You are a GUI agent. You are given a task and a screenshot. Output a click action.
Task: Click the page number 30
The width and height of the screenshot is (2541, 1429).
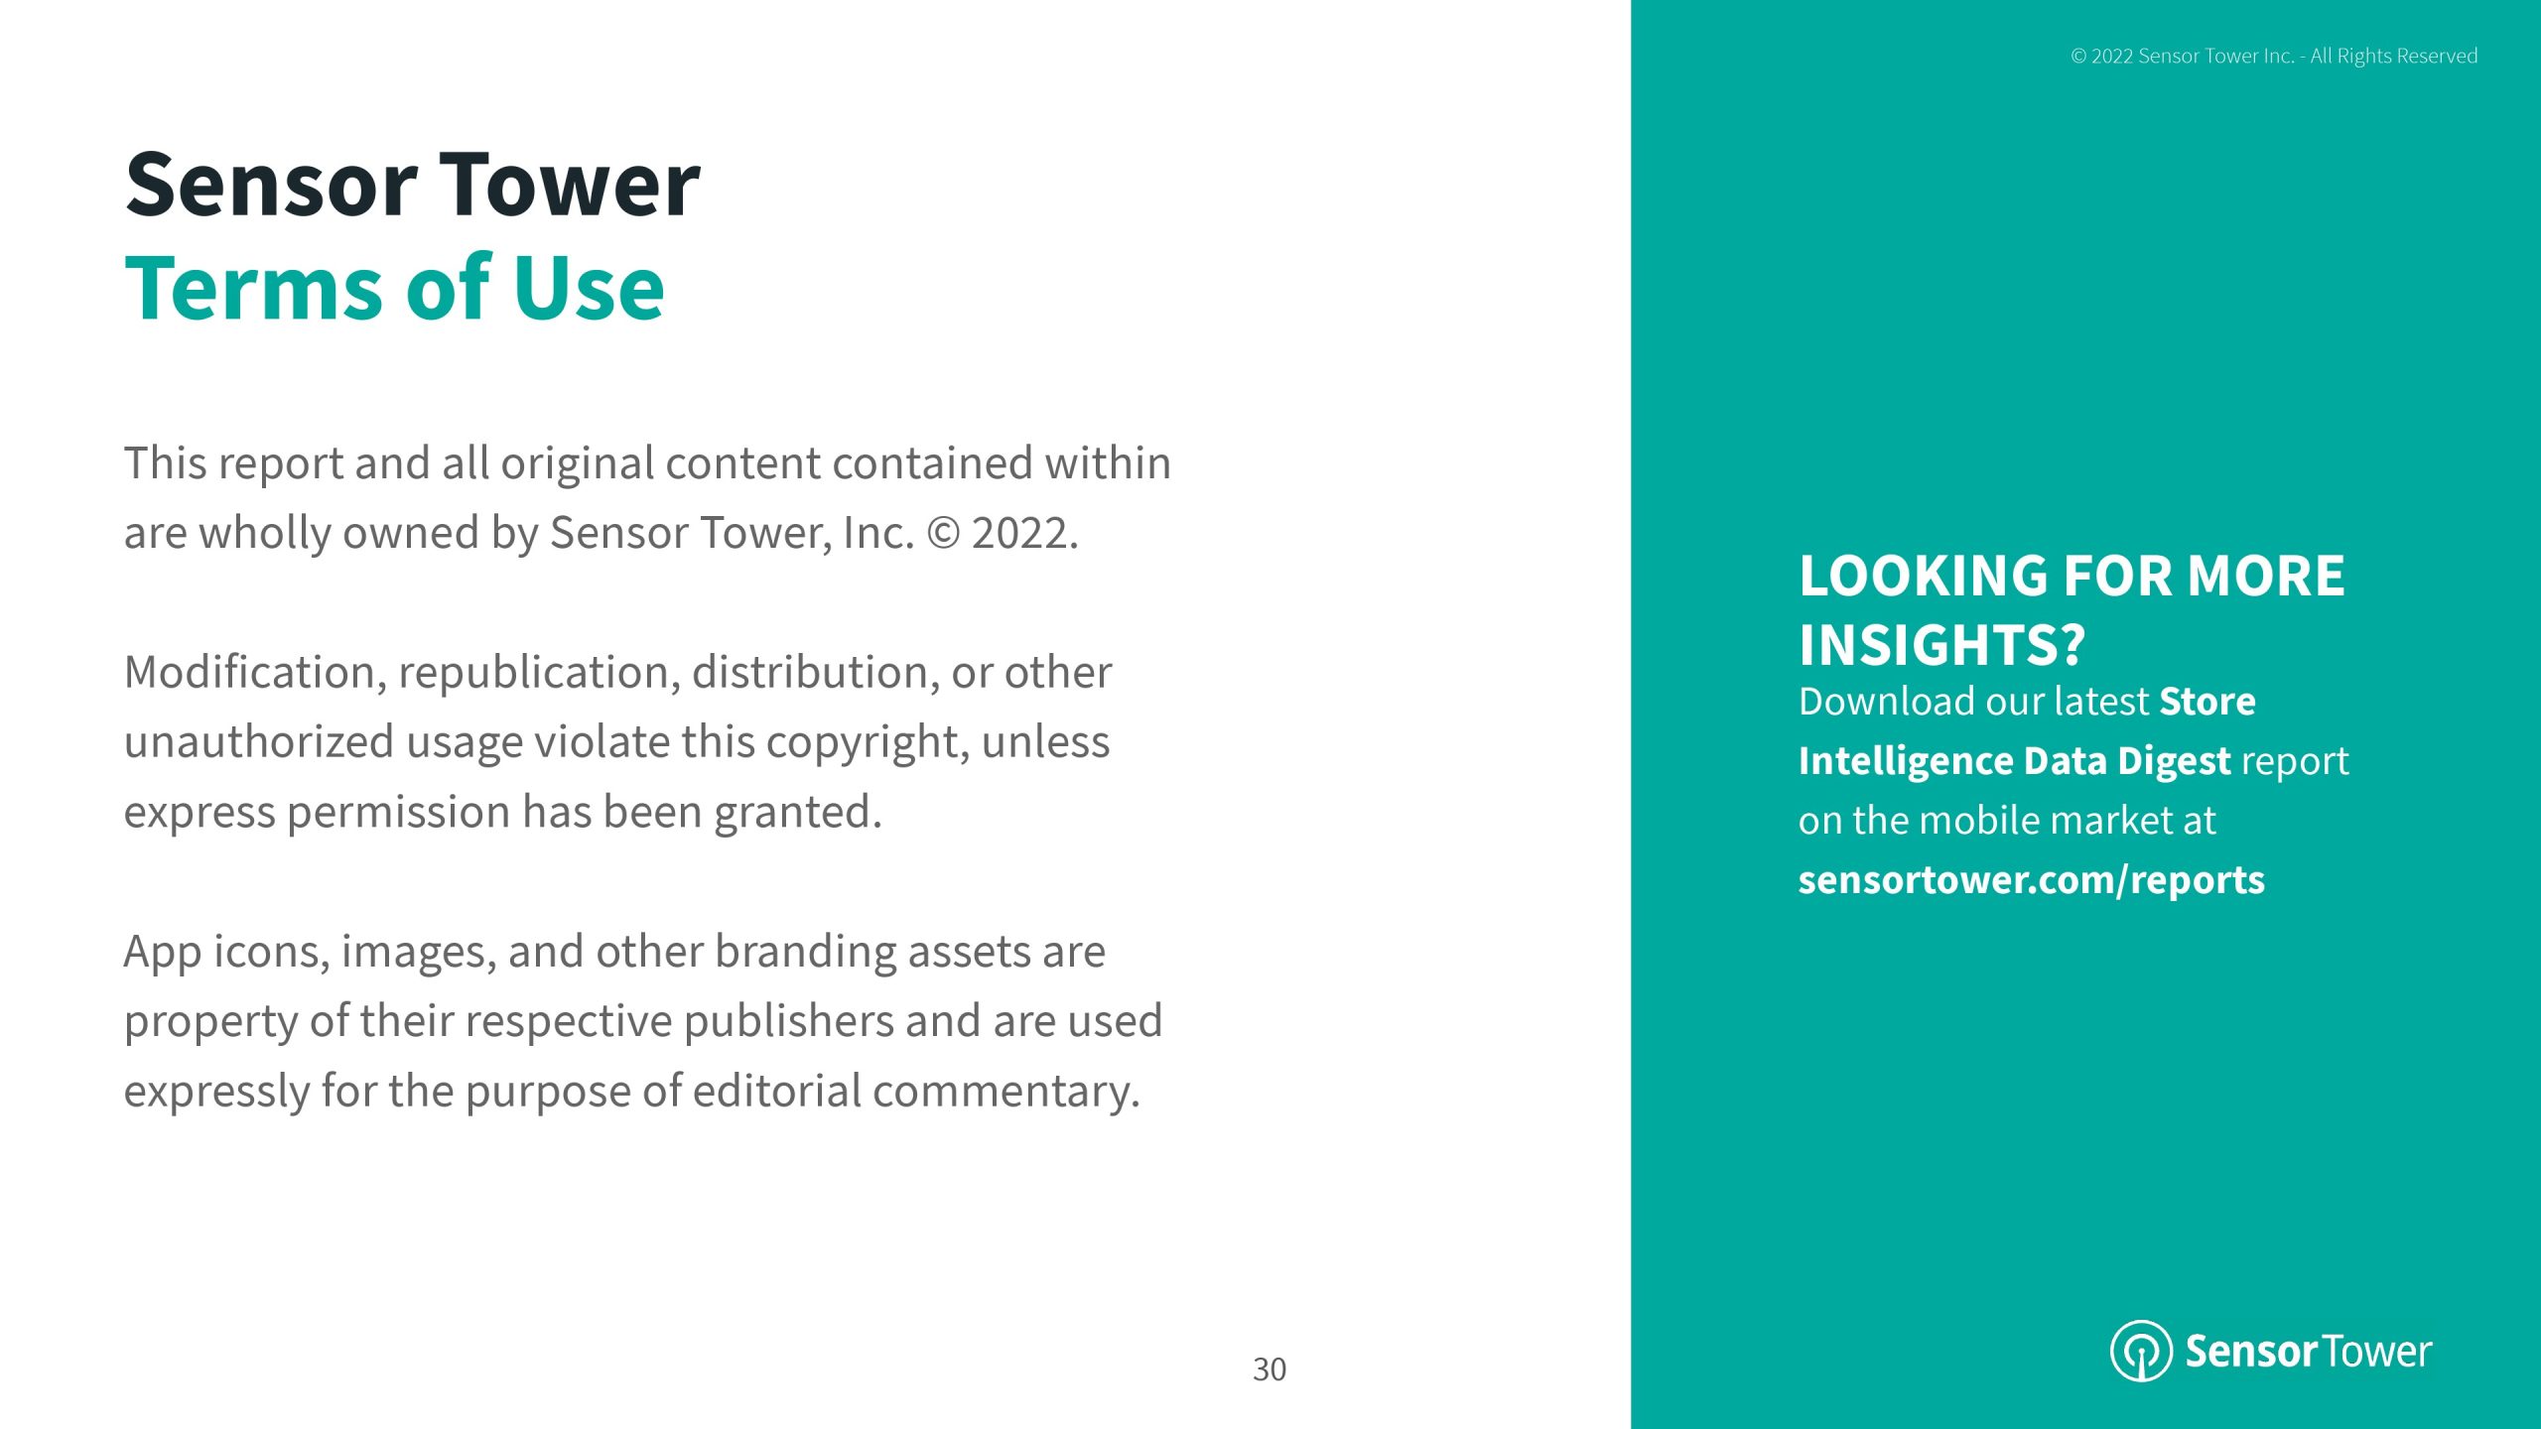click(x=1270, y=1369)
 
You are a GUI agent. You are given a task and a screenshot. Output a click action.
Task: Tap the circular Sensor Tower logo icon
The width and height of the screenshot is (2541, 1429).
click(x=2141, y=1351)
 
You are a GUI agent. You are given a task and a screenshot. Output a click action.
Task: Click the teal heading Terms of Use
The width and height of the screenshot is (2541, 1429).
click(x=394, y=288)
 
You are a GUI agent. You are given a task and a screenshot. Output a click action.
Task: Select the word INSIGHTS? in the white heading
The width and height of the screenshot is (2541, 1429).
click(x=1941, y=645)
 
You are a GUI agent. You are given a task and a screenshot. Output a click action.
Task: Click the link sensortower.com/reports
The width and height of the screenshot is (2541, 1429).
click(x=2032, y=880)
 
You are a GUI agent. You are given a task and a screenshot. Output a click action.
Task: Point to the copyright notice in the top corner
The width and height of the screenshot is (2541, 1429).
click(x=2274, y=57)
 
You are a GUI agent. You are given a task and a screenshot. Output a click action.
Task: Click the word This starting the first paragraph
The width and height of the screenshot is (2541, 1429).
click(x=165, y=463)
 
